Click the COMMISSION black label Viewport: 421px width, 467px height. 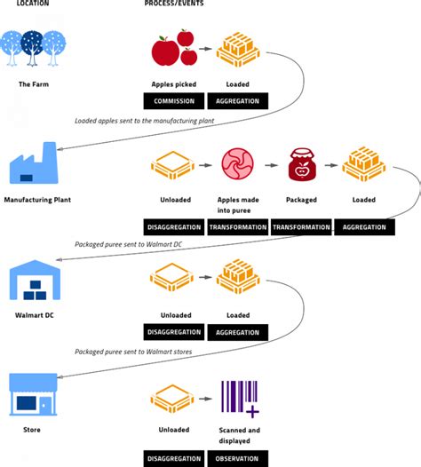pos(174,101)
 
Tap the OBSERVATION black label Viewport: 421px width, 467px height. pos(237,459)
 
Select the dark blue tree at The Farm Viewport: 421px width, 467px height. pos(32,48)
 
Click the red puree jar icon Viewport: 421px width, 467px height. pos(301,165)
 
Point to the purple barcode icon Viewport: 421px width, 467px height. pos(240,399)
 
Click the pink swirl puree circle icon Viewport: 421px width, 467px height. pos(237,164)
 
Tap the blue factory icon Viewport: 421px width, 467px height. pos(34,162)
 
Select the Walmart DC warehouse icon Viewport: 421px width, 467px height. pos(35,280)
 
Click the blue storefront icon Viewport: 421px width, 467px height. pos(33,394)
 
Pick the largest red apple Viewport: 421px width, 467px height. pos(165,51)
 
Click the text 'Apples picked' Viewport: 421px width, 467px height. pos(174,84)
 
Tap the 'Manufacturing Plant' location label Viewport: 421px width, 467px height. pos(37,200)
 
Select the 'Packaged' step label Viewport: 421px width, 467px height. pos(301,200)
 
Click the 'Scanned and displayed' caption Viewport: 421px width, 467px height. pos(239,435)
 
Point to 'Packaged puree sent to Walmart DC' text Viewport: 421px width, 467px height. pos(128,244)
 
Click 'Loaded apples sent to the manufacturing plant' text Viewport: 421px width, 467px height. pos(144,121)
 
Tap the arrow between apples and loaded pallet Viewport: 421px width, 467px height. pos(205,49)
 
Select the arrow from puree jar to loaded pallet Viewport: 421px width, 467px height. pos(331,165)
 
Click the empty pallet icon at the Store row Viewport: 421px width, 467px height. pos(172,399)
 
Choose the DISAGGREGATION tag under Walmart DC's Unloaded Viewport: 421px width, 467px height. pos(174,332)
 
